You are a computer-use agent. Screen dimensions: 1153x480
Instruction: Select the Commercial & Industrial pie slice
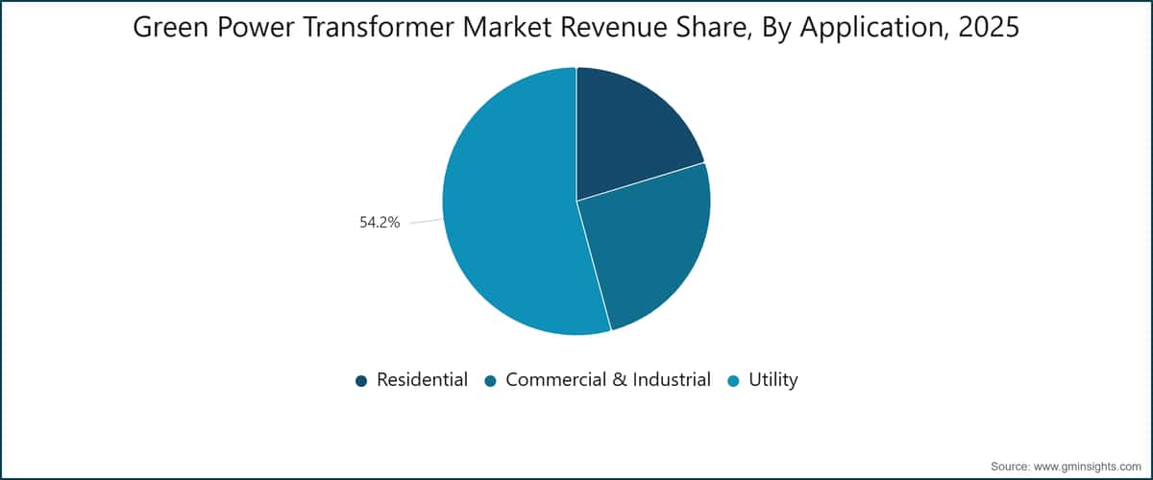pos(649,242)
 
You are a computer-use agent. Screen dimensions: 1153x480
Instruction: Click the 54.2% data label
pos(380,223)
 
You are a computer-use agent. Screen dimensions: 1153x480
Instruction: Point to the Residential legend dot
pos(361,381)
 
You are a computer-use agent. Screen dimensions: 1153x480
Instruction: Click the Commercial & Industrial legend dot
pos(491,381)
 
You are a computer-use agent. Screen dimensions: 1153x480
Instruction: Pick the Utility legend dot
pos(733,381)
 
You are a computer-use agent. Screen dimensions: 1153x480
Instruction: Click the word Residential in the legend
pos(422,379)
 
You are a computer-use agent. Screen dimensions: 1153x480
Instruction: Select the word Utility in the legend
pos(773,380)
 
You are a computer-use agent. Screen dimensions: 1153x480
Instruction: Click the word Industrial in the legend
pos(672,379)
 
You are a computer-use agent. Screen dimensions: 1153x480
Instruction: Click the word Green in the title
pos(171,27)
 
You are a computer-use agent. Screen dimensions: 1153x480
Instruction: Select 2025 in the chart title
pos(989,27)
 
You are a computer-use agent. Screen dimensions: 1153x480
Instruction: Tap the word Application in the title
pos(873,28)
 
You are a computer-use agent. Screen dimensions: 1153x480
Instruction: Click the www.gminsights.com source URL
pos(1087,467)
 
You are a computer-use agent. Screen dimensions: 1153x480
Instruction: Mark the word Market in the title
pos(507,27)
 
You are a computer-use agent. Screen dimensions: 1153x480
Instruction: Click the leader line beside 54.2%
pos(427,221)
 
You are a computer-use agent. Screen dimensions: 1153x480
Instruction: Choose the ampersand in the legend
pos(620,379)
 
